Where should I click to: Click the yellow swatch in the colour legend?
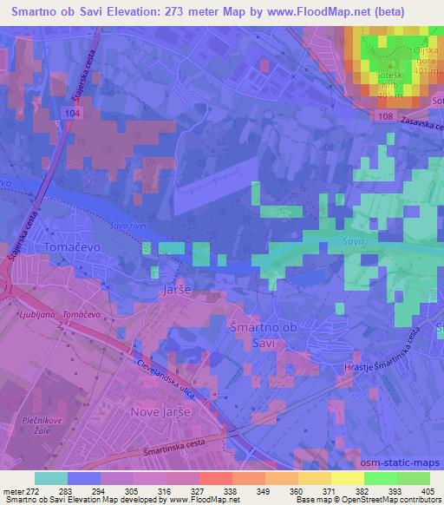(x=347, y=478)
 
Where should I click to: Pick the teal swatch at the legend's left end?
(x=50, y=478)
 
